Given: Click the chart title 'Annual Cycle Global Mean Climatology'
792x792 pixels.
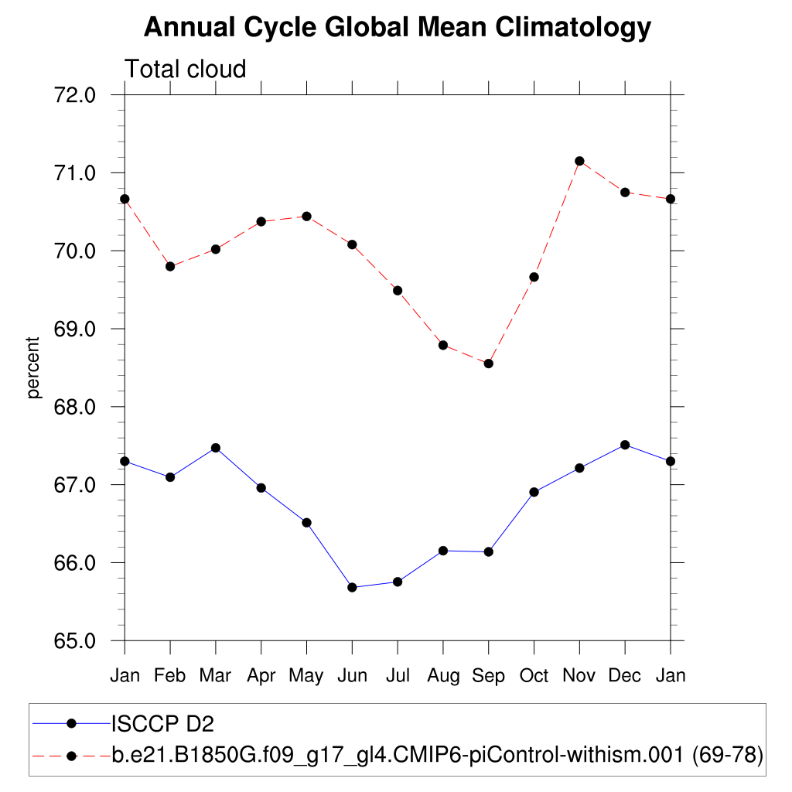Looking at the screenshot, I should tap(398, 28).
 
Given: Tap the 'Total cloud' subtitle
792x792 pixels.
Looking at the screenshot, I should tap(186, 69).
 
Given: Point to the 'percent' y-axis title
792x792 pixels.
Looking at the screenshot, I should tap(32, 367).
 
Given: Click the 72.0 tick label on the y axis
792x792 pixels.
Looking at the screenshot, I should tap(75, 95).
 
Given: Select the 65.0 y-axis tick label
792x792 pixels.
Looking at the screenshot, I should tap(75, 641).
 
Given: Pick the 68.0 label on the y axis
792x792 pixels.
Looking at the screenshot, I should tap(75, 407).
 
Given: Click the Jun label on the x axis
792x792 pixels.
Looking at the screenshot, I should tap(352, 676).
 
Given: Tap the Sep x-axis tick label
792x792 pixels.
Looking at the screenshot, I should tap(488, 676).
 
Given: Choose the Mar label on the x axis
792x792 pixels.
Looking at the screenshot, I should tap(215, 676).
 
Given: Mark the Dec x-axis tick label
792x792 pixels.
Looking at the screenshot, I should tap(625, 676).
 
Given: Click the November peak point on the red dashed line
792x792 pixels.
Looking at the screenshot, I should tap(579, 161).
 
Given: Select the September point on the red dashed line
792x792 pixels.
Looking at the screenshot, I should tap(489, 364).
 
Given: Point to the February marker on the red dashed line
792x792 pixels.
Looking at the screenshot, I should tap(170, 266).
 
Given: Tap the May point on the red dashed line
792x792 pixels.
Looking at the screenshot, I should tap(306, 216).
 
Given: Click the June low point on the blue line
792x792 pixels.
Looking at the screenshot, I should tap(352, 587).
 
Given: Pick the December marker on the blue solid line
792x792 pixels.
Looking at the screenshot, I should tap(625, 445).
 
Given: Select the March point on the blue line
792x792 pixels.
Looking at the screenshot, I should tap(216, 448).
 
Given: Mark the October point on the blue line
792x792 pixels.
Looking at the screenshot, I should tap(534, 492).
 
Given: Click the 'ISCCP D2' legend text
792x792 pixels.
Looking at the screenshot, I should tap(162, 724).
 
